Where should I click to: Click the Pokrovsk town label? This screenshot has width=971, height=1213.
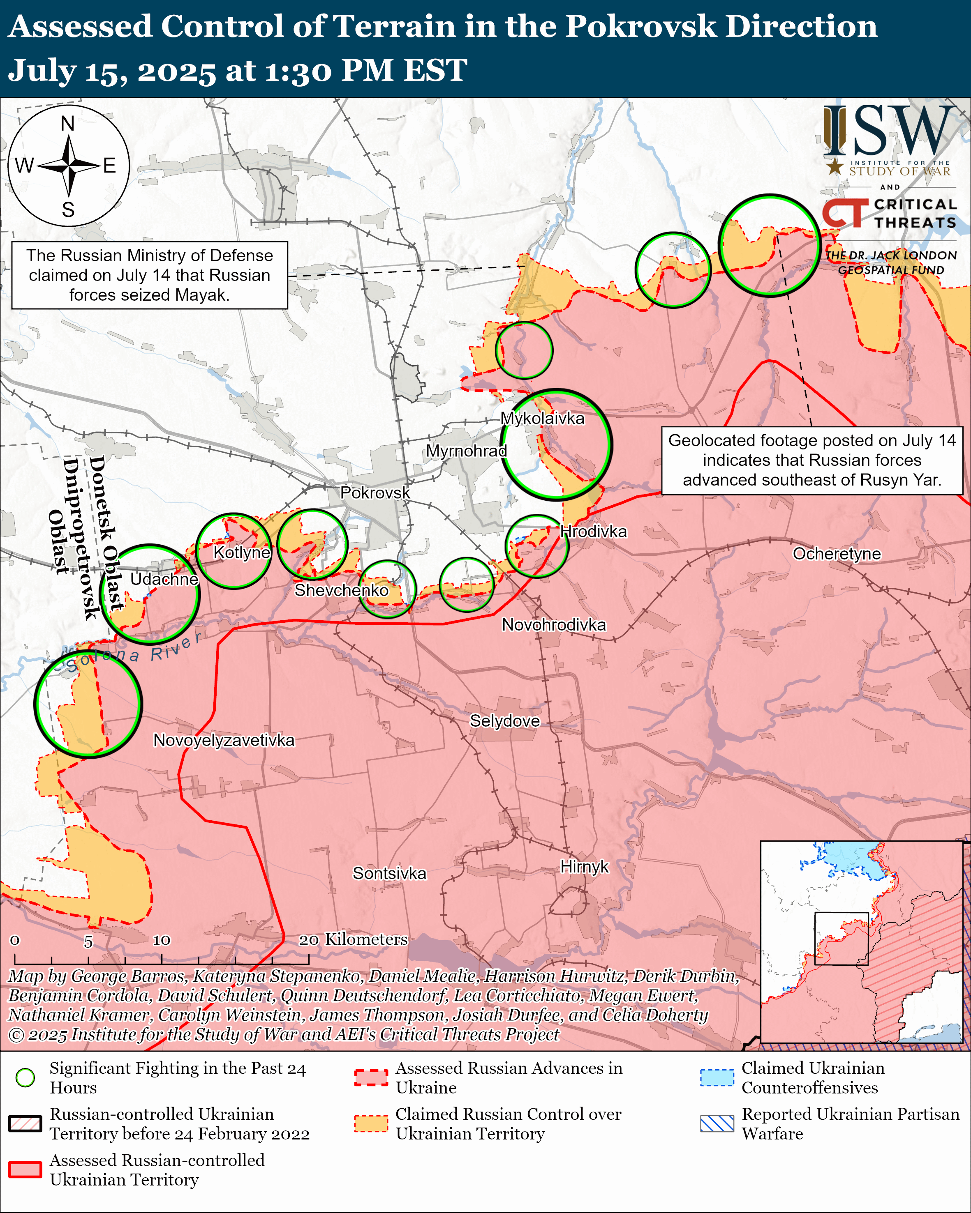375,493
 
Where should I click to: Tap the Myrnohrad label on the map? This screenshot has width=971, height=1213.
466,451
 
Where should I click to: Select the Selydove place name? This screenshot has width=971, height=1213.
504,721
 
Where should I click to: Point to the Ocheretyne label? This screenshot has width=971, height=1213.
837,554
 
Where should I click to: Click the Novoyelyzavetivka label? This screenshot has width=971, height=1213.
224,740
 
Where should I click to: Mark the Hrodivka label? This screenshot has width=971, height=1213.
593,531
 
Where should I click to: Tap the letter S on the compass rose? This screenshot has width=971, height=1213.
68,210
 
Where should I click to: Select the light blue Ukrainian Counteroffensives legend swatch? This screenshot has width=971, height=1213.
717,1077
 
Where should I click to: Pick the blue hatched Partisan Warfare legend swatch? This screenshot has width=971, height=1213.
717,1123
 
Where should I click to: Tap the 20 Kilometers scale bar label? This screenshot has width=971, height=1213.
353,939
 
